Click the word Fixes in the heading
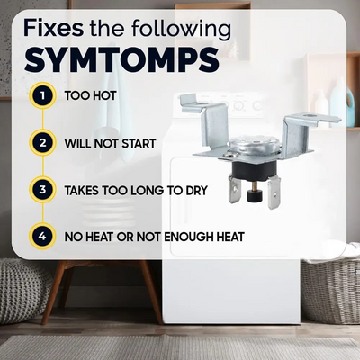coord(53,28)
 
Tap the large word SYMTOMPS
coord(121,61)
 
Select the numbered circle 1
coord(42,95)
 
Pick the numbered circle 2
coord(42,143)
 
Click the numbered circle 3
coord(42,190)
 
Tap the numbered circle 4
coord(42,237)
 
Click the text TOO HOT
coord(90,95)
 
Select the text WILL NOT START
coord(110,143)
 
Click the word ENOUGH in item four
coord(189,238)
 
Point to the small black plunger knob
coord(253,197)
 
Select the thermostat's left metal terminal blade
coord(235,189)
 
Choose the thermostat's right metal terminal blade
coord(274,192)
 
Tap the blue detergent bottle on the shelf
coord(350,105)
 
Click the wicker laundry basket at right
coord(330,290)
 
